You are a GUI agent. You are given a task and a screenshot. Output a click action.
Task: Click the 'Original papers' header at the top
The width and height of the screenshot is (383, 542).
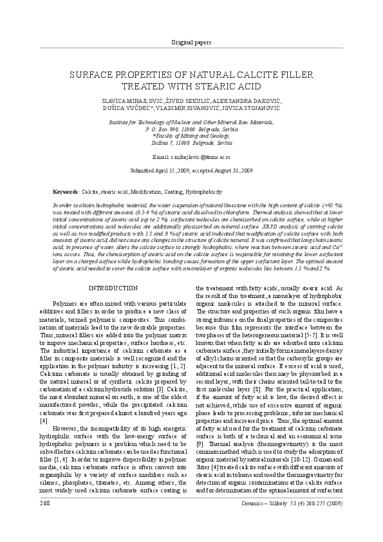[191, 42]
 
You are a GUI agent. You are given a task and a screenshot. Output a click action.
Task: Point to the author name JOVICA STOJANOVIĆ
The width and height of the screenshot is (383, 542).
[254, 109]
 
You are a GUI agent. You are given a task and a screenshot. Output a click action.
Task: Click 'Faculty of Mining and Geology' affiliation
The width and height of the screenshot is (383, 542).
[191, 136]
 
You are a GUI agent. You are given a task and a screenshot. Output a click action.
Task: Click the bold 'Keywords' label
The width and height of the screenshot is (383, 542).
[66, 192]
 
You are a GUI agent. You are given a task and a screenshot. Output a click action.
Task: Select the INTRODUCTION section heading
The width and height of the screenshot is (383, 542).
[113, 288]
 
